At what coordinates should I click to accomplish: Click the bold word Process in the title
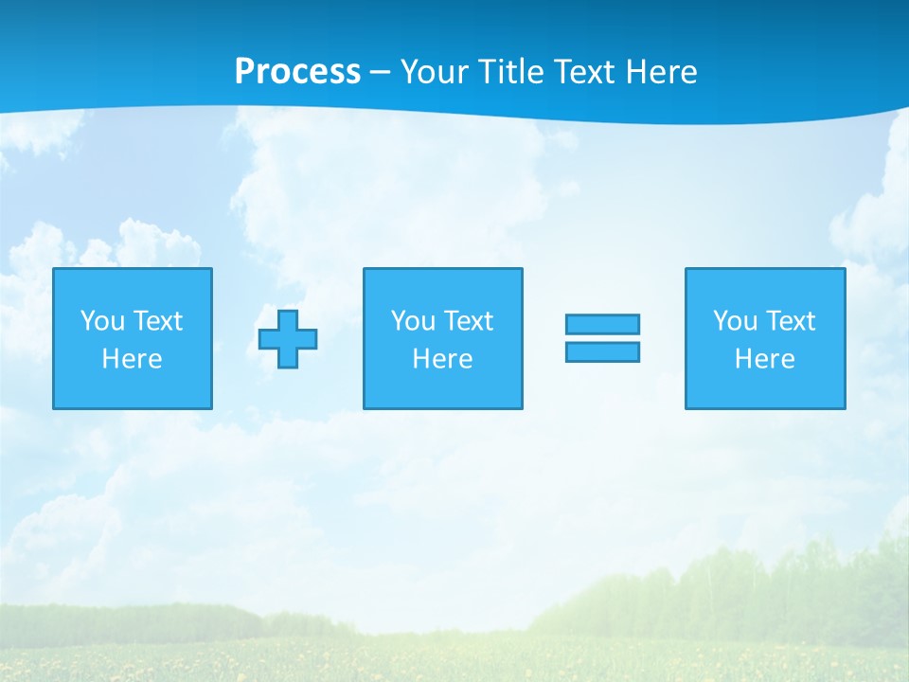point(297,72)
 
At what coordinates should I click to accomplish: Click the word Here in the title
point(662,72)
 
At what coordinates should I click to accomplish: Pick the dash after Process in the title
point(380,73)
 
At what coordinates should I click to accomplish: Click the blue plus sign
point(288,339)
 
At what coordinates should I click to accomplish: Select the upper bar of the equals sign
point(602,324)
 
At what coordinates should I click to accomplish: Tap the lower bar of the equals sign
point(602,351)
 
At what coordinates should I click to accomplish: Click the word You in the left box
point(102,321)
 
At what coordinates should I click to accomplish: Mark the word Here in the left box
point(132,359)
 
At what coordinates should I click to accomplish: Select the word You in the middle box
point(413,321)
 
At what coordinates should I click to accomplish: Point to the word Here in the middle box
point(442,359)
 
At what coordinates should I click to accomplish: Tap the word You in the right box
point(735,321)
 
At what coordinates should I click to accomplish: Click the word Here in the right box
point(764,359)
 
